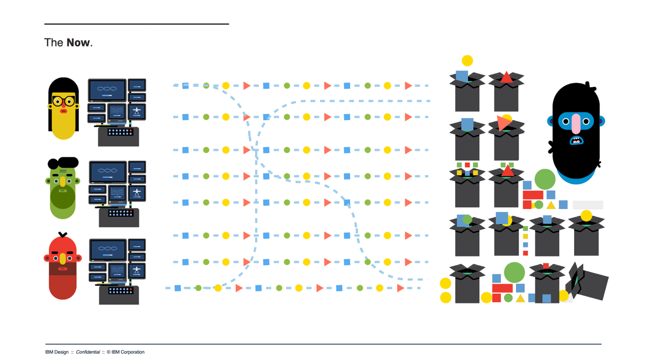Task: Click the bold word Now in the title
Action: [78, 43]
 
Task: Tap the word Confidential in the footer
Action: [88, 352]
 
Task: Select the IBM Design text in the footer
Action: [57, 352]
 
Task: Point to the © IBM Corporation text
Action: [126, 352]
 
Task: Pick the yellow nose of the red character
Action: [63, 259]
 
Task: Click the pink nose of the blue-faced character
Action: [576, 124]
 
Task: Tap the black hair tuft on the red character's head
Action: [63, 234]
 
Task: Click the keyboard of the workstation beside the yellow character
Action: [119, 131]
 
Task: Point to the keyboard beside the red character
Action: [119, 290]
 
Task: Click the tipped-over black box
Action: [591, 283]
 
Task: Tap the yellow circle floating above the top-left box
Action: [467, 61]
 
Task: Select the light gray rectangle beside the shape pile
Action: [588, 205]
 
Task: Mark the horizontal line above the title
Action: [136, 24]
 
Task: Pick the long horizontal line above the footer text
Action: [323, 344]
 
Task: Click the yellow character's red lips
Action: [64, 111]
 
